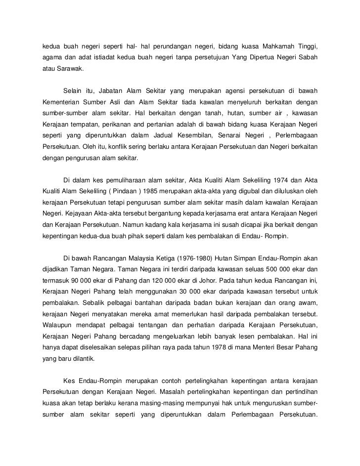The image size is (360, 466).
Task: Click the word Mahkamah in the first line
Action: pos(277,46)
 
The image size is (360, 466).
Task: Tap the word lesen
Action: pos(257,337)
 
